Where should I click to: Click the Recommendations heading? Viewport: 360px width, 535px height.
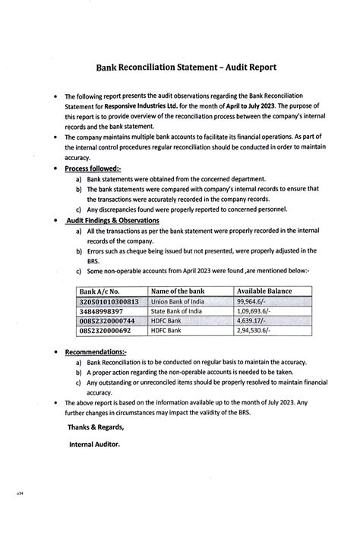pos(96,353)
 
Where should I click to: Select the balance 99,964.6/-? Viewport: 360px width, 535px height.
pos(255,301)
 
